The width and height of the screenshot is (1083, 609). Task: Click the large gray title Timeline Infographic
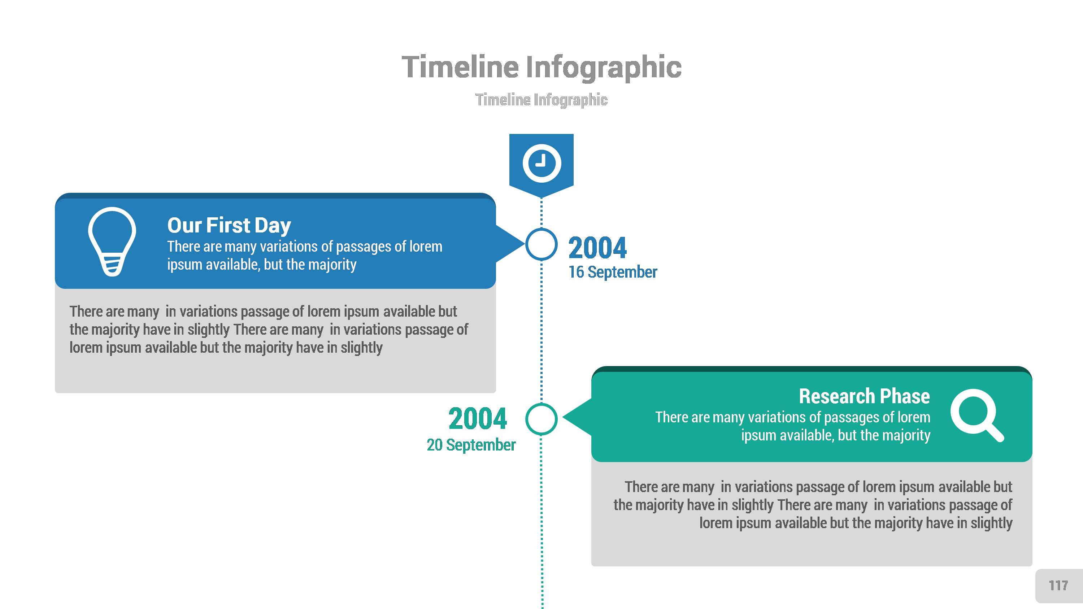coord(541,67)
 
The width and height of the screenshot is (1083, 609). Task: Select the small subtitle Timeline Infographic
coord(541,100)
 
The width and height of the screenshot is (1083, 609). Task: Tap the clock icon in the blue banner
coord(541,163)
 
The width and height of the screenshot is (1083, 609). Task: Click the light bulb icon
coord(112,241)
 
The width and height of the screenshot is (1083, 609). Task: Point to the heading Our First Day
coord(229,225)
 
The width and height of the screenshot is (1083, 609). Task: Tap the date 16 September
coord(613,272)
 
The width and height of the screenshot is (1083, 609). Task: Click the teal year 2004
coord(478,419)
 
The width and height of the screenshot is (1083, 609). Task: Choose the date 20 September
coord(471,445)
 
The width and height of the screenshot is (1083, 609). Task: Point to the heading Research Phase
coord(864,396)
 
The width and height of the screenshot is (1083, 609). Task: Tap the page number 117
coord(1058,586)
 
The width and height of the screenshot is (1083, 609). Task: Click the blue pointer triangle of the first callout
coord(509,244)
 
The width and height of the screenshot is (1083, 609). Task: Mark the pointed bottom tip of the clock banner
coord(541,197)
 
